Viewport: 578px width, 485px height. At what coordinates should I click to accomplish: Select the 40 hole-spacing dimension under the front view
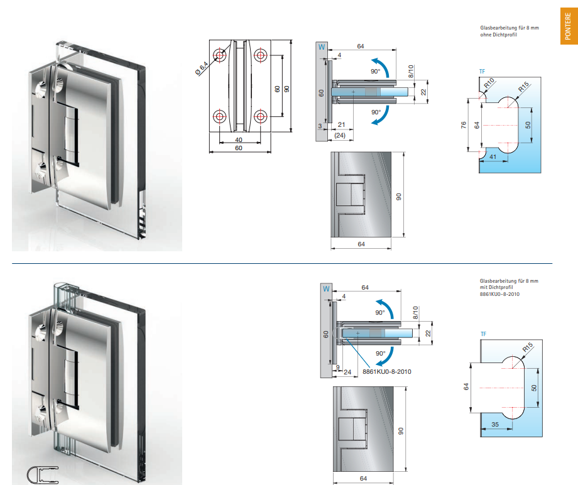click(239, 139)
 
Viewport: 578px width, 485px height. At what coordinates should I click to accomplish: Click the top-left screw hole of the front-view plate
click(221, 55)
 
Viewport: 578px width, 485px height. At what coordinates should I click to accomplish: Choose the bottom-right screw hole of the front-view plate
click(261, 116)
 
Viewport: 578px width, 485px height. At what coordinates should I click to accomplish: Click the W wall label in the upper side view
click(322, 47)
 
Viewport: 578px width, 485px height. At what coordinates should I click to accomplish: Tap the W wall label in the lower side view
click(325, 289)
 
